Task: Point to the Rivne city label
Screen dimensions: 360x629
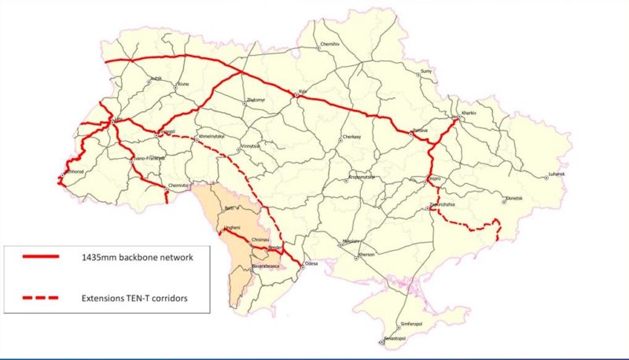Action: (183, 83)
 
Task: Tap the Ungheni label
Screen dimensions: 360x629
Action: (231, 227)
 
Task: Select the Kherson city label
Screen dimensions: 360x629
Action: (367, 255)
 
